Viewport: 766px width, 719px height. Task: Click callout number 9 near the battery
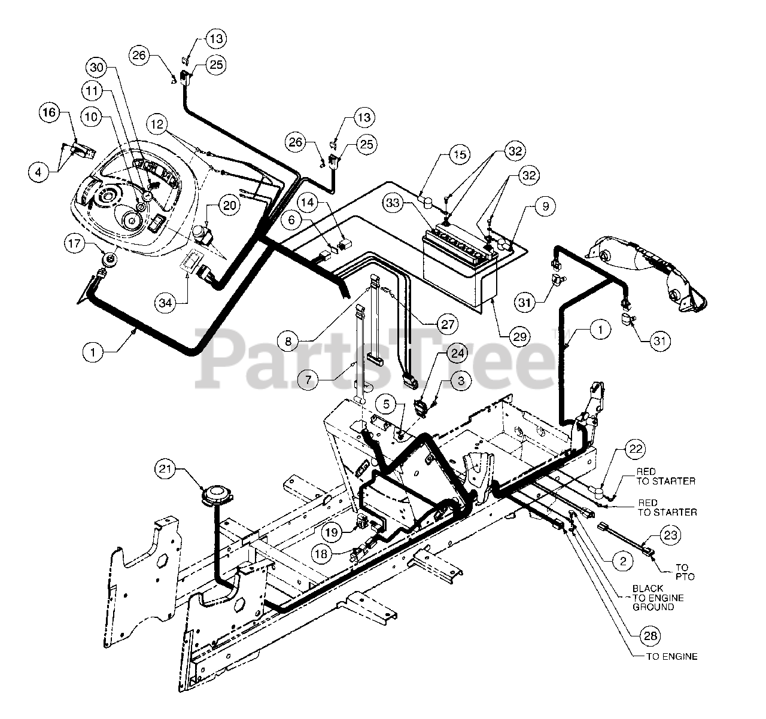[545, 207]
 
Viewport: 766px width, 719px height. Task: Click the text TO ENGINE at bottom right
[671, 656]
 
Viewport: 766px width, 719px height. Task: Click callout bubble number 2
[622, 560]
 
